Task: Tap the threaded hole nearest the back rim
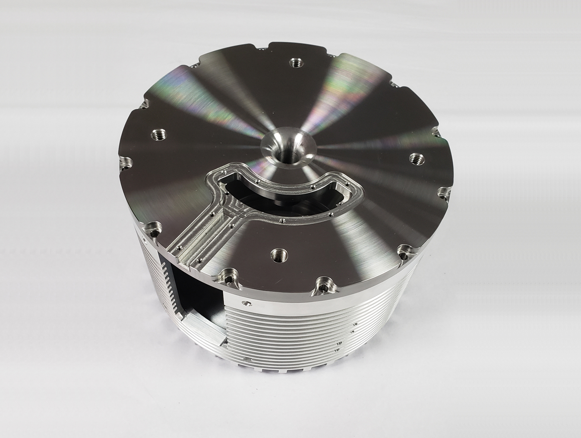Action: coord(296,63)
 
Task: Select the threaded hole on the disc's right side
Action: coord(416,158)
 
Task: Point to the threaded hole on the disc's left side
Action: coord(156,135)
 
